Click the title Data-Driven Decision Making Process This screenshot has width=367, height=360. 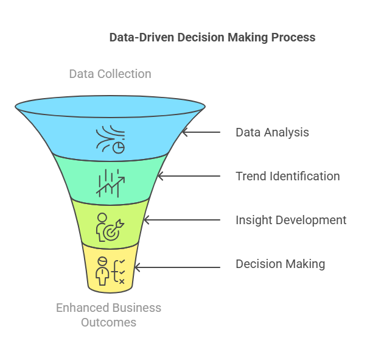[212, 38]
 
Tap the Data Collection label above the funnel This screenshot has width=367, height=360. [110, 74]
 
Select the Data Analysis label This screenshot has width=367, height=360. [272, 132]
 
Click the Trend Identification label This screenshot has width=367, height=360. [288, 176]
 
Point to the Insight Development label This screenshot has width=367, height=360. [291, 220]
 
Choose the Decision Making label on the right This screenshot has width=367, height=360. [280, 264]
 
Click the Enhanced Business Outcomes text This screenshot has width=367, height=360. [108, 315]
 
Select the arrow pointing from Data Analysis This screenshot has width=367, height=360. [201, 132]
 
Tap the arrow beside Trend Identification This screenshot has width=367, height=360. [189, 176]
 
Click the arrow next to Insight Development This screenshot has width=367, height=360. [182, 220]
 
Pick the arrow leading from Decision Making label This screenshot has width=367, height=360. [178, 267]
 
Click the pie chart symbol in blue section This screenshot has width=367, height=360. [119, 148]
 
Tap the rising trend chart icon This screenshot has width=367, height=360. [110, 183]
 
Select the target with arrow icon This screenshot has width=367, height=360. [114, 230]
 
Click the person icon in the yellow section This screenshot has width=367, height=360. [102, 271]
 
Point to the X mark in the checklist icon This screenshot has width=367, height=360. [122, 281]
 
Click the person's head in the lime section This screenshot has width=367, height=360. [102, 217]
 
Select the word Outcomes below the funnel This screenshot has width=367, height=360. [108, 322]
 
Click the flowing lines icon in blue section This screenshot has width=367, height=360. [109, 138]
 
